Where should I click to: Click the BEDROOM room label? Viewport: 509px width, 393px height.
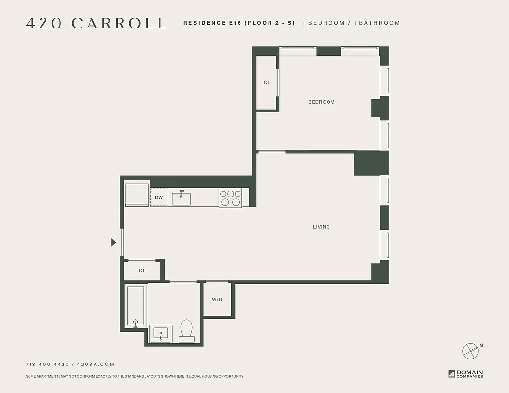point(321,102)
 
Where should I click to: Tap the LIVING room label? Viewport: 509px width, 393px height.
point(321,227)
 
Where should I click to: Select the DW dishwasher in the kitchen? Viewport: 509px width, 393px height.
point(159,197)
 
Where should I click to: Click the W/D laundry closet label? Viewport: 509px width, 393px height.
point(217,299)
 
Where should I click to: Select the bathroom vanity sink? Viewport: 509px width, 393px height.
point(161,334)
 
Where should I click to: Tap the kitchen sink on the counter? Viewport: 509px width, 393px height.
point(181,198)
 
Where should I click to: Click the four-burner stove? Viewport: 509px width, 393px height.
point(230,198)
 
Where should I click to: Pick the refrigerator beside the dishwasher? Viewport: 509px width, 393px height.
point(137,195)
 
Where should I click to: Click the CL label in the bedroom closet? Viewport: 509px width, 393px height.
point(267,83)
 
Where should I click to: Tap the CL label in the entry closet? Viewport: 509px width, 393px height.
point(142,271)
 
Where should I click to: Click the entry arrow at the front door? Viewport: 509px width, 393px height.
point(113,242)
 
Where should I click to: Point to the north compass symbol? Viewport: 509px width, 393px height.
point(470,351)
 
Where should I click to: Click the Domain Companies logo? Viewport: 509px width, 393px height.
point(465,374)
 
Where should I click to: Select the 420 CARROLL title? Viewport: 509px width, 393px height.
point(96,23)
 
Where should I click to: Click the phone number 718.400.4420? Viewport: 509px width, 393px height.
point(47,364)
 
